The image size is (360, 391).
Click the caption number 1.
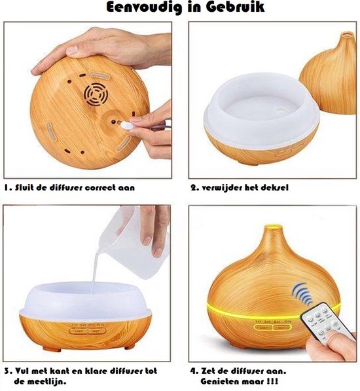pos(7,187)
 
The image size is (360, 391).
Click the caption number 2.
pos(194,187)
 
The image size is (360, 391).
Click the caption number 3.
pos(7,369)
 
